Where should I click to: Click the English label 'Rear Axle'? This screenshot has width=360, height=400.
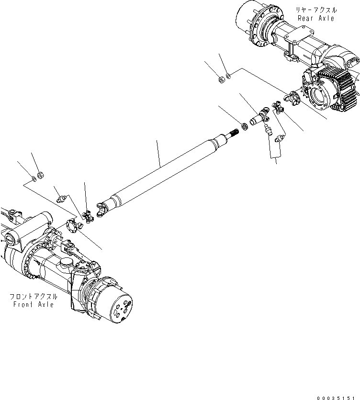316,18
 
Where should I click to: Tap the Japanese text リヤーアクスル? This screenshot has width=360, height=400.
316,10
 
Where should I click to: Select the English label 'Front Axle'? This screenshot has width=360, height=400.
32,304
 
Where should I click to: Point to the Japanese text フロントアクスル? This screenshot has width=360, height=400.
32,296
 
